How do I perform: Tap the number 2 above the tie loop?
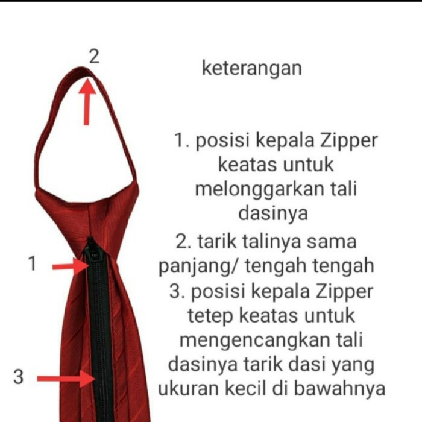(x=93, y=57)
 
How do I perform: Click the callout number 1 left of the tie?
(x=33, y=263)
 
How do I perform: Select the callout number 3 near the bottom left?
(x=19, y=377)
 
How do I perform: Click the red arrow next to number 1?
(x=70, y=266)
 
